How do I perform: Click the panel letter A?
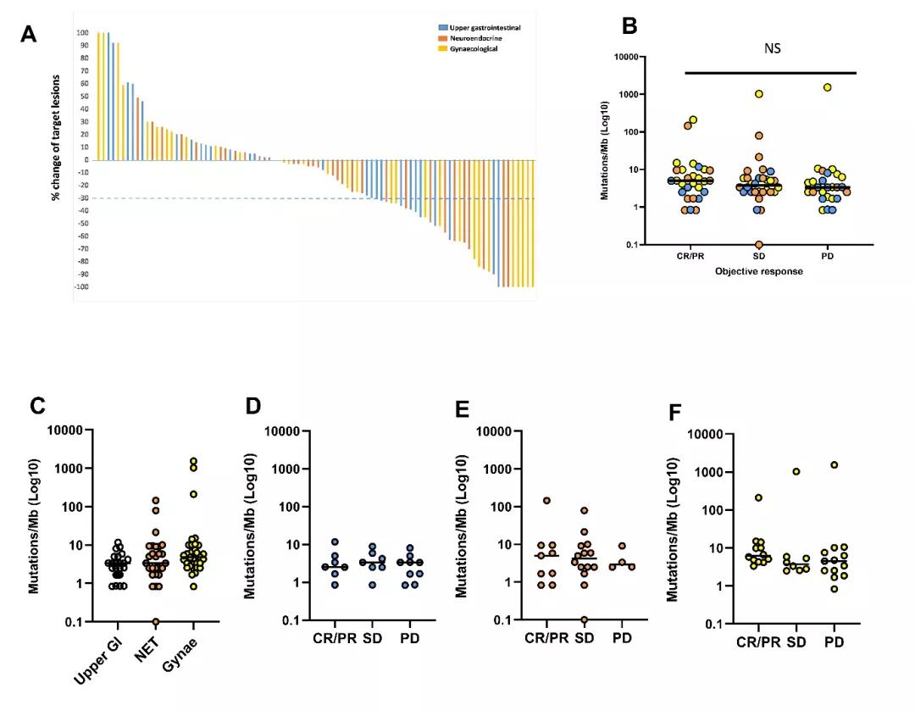click(x=29, y=35)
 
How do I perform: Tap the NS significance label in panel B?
click(x=770, y=48)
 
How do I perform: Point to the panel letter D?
click(x=252, y=405)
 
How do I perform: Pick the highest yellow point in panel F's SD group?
click(x=796, y=472)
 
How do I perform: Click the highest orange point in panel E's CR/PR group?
click(x=546, y=501)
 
